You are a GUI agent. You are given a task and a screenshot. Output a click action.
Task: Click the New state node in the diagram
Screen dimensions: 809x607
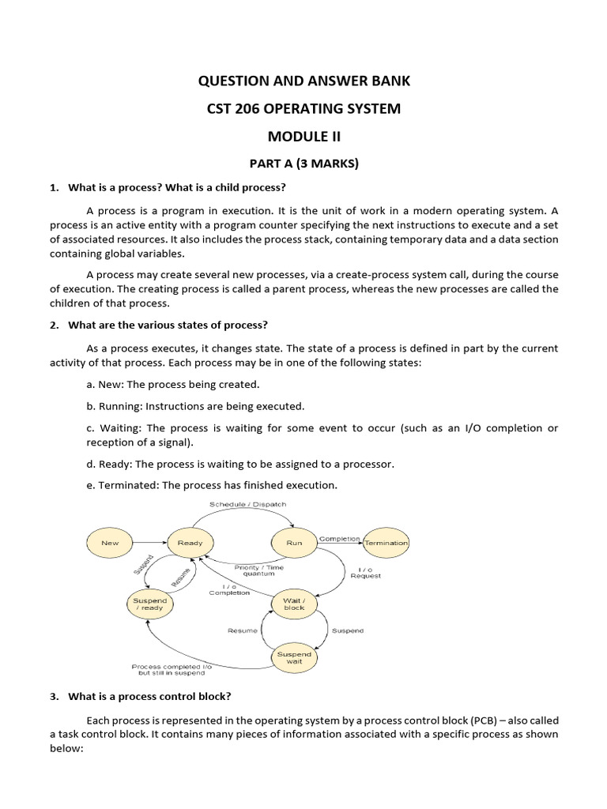click(110, 543)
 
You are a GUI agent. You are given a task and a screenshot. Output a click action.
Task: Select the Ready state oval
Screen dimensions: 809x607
click(190, 543)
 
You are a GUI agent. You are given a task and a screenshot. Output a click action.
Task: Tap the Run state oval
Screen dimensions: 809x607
click(293, 543)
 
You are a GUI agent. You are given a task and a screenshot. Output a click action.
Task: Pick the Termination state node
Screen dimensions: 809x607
click(386, 543)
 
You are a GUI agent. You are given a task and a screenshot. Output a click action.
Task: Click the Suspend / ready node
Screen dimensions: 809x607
click(149, 604)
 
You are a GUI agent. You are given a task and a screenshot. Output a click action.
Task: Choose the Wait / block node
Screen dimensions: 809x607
click(294, 604)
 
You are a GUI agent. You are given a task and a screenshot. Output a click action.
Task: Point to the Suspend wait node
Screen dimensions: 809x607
click(294, 657)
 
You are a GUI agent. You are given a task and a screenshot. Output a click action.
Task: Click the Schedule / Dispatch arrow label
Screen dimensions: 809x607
click(247, 504)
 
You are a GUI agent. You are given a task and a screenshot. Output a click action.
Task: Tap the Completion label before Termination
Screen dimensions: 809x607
click(339, 538)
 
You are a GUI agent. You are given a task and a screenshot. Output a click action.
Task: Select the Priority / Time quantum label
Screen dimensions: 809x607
click(259, 571)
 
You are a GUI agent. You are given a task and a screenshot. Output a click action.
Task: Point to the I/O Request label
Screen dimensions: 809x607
click(365, 572)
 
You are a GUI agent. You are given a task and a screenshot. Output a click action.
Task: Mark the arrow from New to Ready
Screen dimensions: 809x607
click(149, 543)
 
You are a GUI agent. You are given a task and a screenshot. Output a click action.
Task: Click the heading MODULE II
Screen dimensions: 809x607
click(303, 136)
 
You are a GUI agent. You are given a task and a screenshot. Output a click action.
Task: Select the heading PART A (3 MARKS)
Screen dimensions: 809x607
click(303, 164)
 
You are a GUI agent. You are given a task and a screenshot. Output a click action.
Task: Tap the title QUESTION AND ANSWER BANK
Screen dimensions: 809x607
click(303, 81)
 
